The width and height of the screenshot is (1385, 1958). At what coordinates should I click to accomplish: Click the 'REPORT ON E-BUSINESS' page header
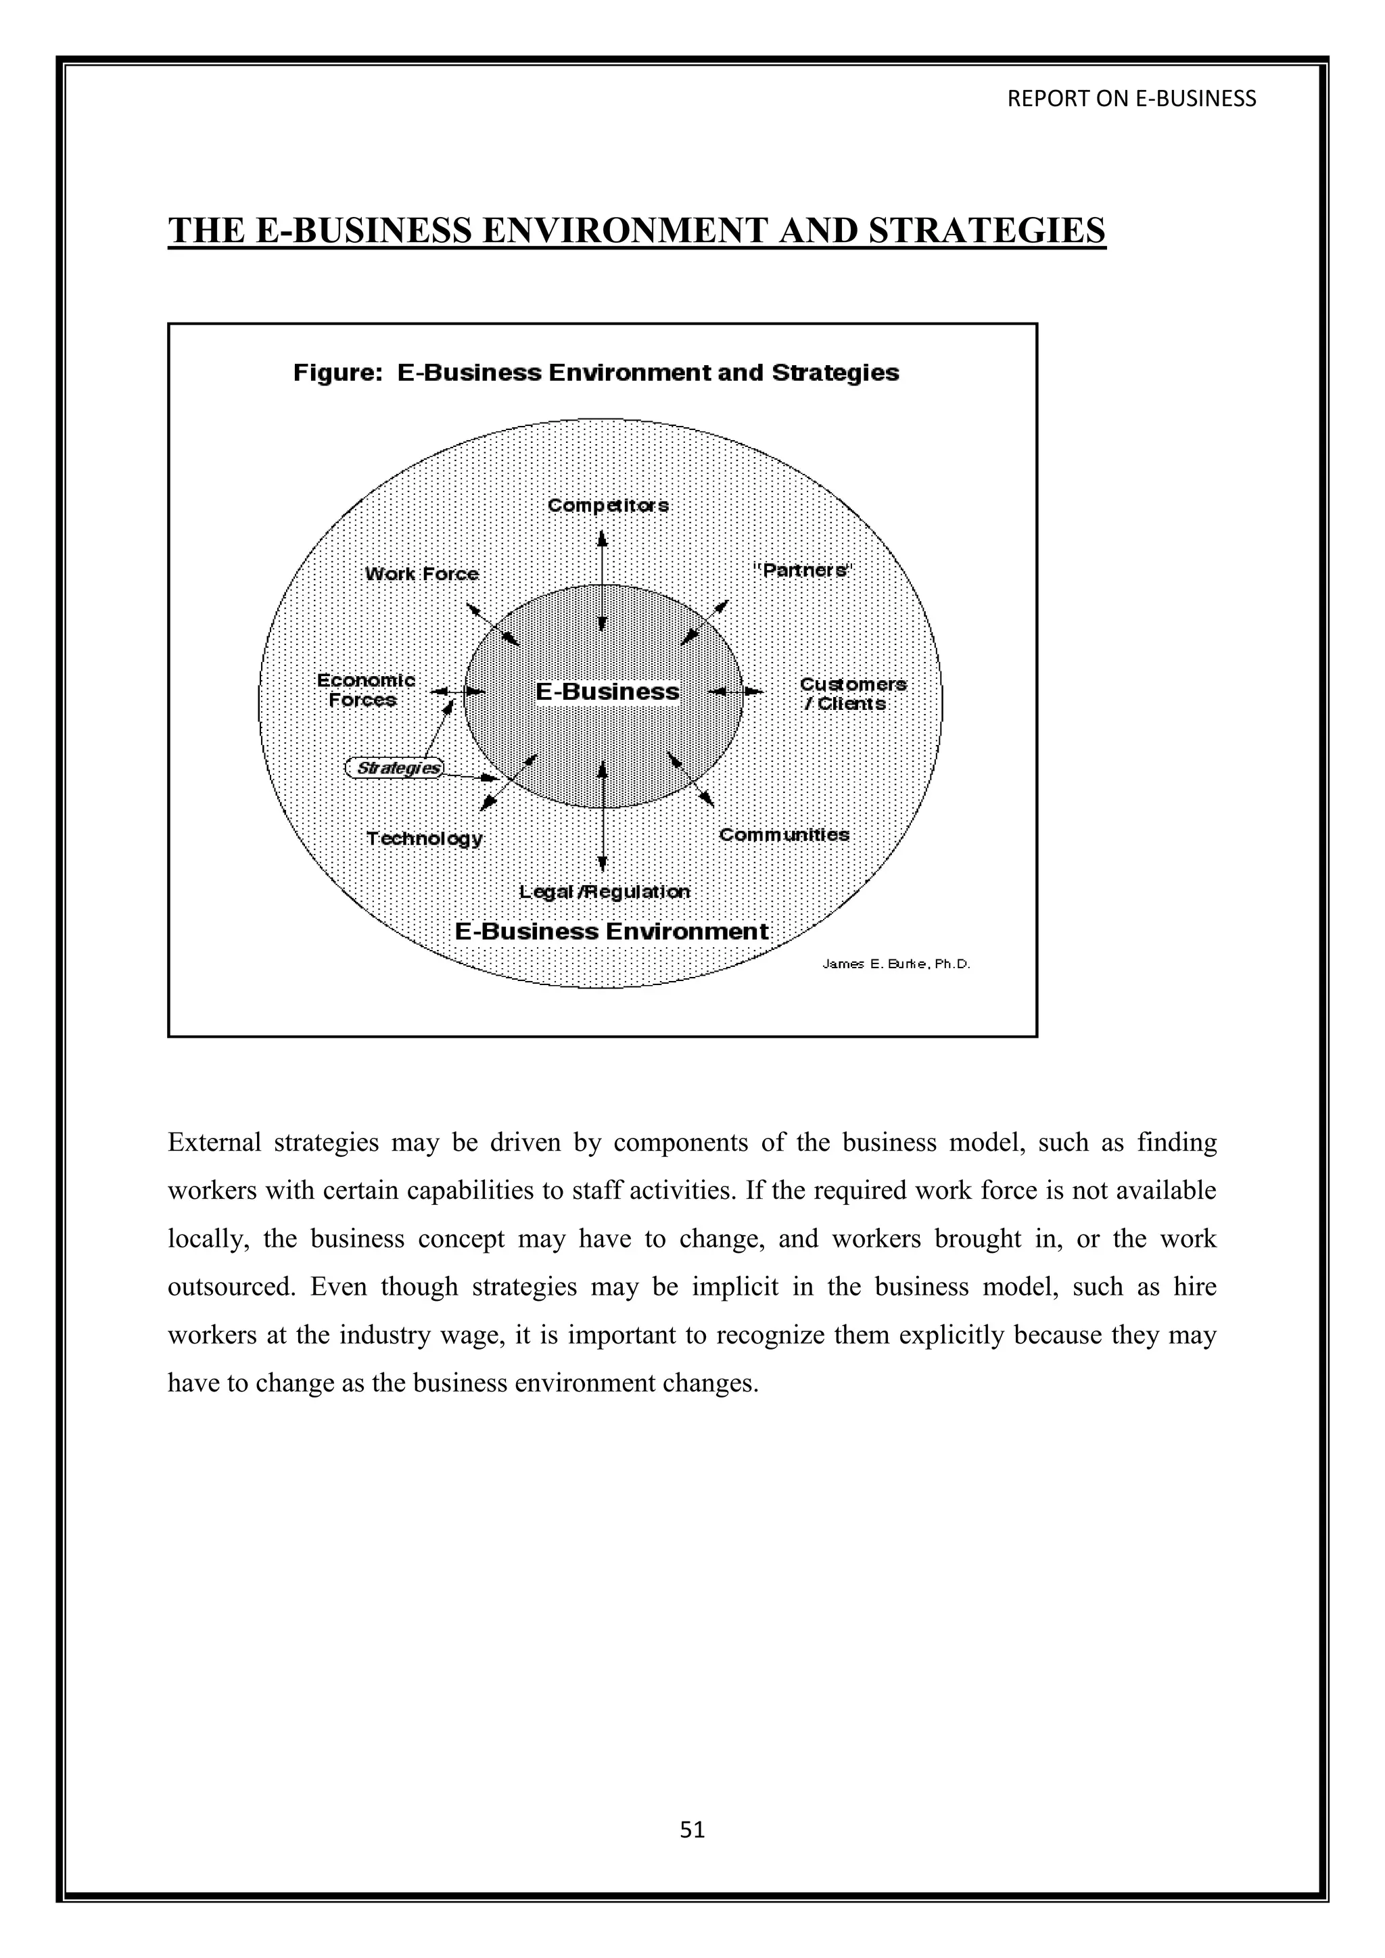click(x=1131, y=99)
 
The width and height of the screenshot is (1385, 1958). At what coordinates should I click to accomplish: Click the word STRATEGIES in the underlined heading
click(x=987, y=231)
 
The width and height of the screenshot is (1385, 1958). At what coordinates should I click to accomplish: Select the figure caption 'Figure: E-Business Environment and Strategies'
click(x=596, y=373)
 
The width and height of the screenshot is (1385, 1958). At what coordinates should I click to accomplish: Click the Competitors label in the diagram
click(x=608, y=505)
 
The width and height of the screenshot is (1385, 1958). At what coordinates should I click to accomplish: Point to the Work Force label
click(x=421, y=574)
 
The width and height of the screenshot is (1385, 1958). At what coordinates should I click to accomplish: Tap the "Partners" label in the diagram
click(x=803, y=570)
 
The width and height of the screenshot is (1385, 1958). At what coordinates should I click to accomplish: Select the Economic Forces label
click(x=365, y=690)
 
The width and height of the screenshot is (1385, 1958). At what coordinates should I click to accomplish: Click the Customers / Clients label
click(x=852, y=693)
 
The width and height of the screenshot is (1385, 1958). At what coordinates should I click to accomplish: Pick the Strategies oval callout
click(x=395, y=767)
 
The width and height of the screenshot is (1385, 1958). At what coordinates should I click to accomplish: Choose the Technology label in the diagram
click(x=425, y=838)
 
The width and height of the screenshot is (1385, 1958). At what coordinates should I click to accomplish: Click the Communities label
click(x=784, y=834)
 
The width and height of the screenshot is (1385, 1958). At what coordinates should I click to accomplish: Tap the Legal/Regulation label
click(x=605, y=891)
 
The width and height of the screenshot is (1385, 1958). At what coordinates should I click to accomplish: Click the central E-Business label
click(x=607, y=692)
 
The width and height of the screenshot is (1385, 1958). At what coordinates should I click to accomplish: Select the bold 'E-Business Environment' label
click(x=611, y=931)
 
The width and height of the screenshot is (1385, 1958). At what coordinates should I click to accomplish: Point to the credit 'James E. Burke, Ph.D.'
click(x=896, y=965)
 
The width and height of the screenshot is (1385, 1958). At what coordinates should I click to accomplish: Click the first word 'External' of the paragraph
click(x=214, y=1143)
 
